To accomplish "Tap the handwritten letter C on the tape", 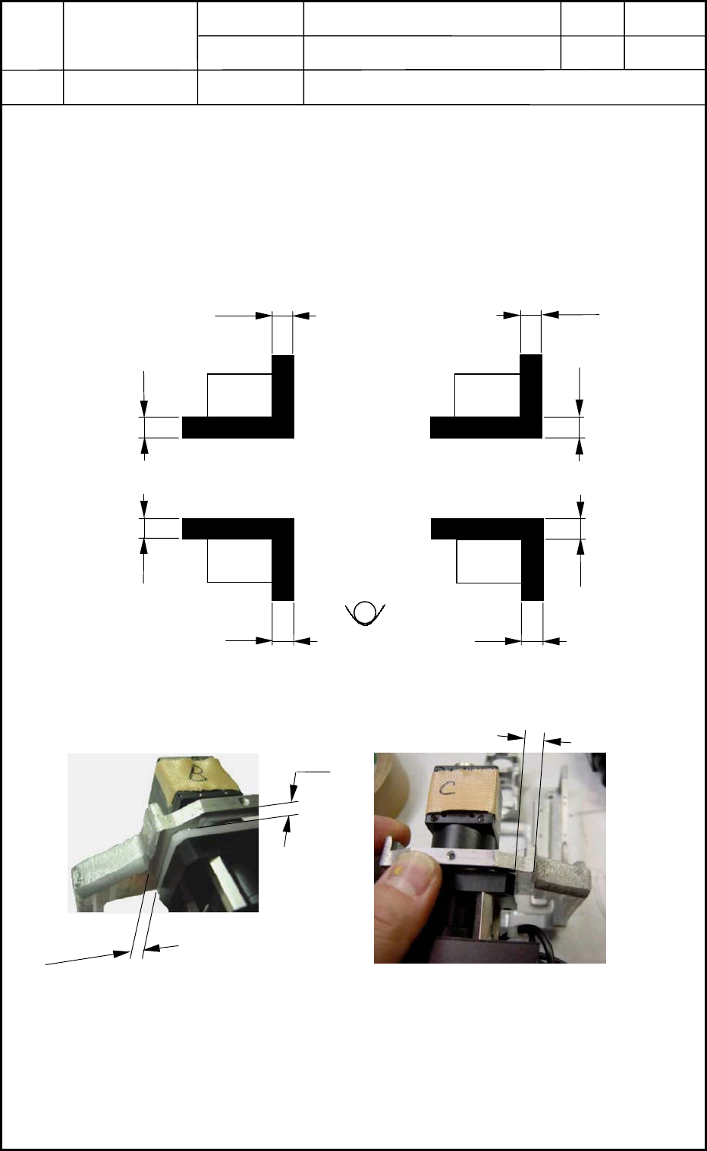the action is coord(448,789).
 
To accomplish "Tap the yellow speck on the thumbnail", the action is coord(398,870).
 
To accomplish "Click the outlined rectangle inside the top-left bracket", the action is coord(240,395).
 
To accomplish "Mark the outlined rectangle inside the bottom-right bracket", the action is coord(489,561).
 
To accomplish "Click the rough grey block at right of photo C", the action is coord(564,876).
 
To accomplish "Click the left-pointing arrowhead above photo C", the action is coord(551,741).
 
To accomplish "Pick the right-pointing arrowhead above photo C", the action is coord(515,737).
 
